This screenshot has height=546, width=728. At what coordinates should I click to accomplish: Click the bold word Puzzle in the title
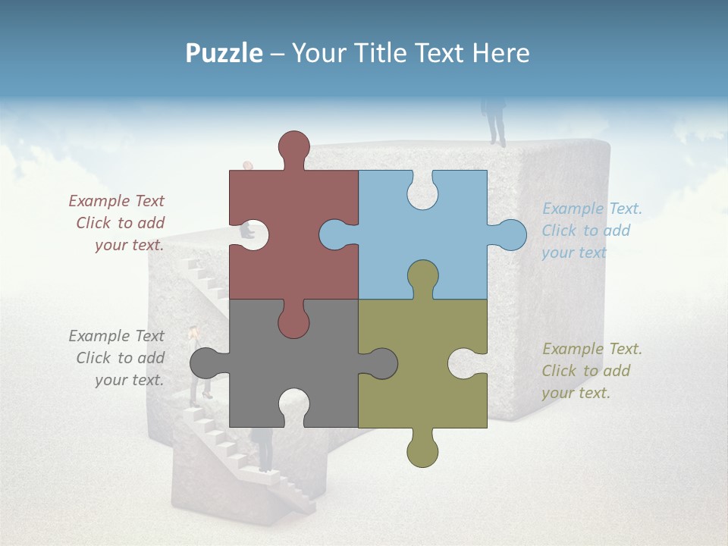pyautogui.click(x=224, y=52)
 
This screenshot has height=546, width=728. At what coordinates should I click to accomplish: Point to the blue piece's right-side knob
pyautogui.click(x=510, y=234)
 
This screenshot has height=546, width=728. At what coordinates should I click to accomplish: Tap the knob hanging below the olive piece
pyautogui.click(x=422, y=450)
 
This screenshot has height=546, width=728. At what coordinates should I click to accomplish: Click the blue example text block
pyautogui.click(x=591, y=231)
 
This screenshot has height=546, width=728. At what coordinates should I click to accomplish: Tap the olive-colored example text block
pyautogui.click(x=591, y=371)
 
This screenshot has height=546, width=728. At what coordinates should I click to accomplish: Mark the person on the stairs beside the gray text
pyautogui.click(x=197, y=364)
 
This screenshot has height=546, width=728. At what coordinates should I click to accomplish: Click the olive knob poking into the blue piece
pyautogui.click(x=422, y=278)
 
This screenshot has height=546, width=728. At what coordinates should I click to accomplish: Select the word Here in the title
pyautogui.click(x=500, y=52)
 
